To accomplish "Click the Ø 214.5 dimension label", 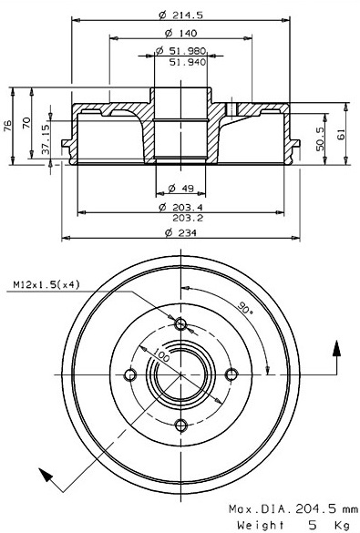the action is click(180, 15).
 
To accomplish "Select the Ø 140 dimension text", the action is click(180, 33).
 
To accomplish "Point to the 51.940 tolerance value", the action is click(188, 62).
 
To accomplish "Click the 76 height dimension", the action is click(7, 125).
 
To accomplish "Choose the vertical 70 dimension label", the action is click(26, 123).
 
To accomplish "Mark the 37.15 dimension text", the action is click(46, 138).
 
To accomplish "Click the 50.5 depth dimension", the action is click(320, 138).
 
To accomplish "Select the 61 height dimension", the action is click(341, 134).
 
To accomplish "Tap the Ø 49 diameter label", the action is click(180, 188).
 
